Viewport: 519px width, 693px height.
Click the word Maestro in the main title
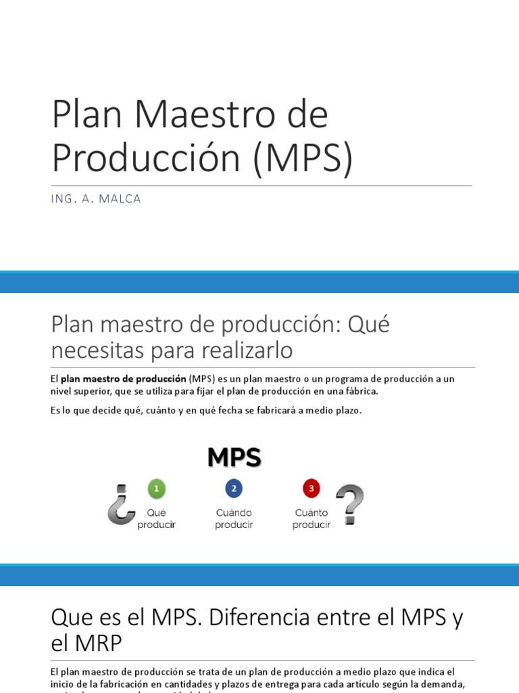203,114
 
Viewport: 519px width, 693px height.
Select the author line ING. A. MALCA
96,199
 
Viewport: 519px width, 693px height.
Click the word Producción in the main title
146,158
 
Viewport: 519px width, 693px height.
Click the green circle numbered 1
156,489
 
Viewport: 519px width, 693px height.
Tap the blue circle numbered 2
234,489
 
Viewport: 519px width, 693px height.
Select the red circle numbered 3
311,489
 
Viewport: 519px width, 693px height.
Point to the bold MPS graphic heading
234,458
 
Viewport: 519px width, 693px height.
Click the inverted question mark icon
120,505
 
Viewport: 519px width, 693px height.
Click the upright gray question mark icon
349,505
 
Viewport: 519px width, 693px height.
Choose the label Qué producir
156,519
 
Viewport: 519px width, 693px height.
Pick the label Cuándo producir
234,519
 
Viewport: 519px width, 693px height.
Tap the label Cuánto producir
311,519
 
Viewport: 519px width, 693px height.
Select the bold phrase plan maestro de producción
124,379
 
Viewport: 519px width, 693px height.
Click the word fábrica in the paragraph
362,391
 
